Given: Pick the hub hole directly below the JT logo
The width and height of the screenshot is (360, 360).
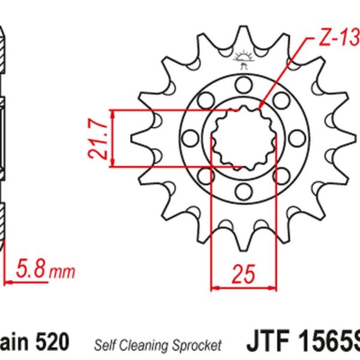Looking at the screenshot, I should tap(244, 85).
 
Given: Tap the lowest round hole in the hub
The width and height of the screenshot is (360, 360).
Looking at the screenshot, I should tap(244, 191).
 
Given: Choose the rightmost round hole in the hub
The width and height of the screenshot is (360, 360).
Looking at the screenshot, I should tap(295, 138).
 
